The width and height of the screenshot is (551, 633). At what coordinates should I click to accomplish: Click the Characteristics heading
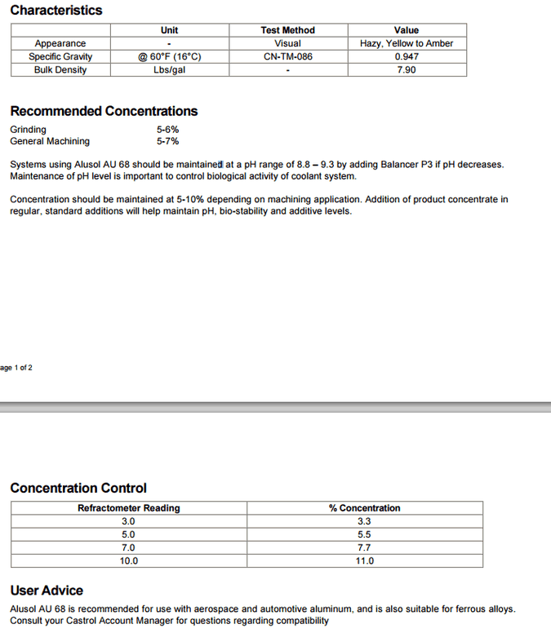click(x=56, y=11)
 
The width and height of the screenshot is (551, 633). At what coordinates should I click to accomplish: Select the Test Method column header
click(x=287, y=30)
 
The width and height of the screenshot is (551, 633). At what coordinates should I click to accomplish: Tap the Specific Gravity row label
click(x=60, y=56)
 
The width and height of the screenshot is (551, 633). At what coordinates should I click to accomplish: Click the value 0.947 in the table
click(x=407, y=56)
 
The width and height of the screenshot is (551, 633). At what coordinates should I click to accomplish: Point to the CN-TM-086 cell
click(x=287, y=56)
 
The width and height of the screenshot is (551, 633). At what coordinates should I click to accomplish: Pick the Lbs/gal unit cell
click(x=169, y=69)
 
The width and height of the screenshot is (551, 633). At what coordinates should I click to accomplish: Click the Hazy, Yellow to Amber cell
click(x=407, y=43)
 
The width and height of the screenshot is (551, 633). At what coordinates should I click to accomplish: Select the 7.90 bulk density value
click(x=407, y=69)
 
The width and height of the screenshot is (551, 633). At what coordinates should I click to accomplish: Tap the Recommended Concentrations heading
click(x=104, y=111)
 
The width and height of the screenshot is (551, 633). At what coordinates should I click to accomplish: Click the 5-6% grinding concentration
click(x=167, y=130)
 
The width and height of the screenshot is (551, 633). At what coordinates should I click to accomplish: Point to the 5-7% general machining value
click(x=167, y=141)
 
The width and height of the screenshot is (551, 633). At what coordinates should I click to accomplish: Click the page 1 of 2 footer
click(x=16, y=368)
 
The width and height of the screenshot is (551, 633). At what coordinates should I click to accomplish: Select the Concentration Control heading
click(x=78, y=488)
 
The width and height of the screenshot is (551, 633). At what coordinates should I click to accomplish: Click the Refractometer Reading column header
click(x=129, y=508)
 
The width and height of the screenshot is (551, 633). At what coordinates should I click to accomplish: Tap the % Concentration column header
click(x=365, y=508)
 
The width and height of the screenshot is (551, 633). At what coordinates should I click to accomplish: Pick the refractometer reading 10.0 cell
click(x=129, y=561)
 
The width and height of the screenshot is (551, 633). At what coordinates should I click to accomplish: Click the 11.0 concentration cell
click(x=365, y=561)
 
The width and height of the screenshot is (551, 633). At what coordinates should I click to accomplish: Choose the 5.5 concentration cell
click(x=365, y=534)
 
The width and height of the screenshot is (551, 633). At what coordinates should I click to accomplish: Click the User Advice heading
click(x=47, y=590)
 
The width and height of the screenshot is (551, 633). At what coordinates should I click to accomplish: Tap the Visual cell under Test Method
click(x=287, y=43)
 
